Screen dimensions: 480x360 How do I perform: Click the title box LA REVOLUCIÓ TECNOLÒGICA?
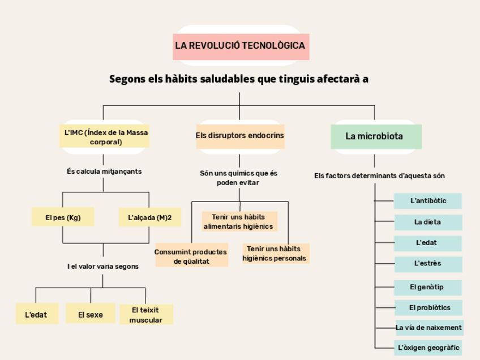(241, 46)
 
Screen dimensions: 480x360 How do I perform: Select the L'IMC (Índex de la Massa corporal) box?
(104, 137)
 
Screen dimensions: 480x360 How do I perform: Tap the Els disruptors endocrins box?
(240, 136)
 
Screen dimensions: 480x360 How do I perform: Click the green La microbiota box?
(375, 136)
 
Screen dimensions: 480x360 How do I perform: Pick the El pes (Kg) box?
(63, 217)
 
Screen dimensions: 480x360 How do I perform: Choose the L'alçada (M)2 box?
(145, 217)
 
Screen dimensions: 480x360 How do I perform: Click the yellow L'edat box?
(37, 314)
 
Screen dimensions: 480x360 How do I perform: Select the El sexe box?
(91, 314)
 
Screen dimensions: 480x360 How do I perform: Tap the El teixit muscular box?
(145, 315)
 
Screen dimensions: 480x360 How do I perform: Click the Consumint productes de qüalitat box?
(191, 257)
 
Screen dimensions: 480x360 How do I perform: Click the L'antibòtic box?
(427, 201)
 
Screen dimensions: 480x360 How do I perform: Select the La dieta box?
(427, 222)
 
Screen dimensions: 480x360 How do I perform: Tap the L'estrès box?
(427, 264)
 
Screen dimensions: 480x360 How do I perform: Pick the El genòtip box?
(427, 287)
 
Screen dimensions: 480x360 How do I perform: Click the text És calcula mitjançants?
(104, 171)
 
